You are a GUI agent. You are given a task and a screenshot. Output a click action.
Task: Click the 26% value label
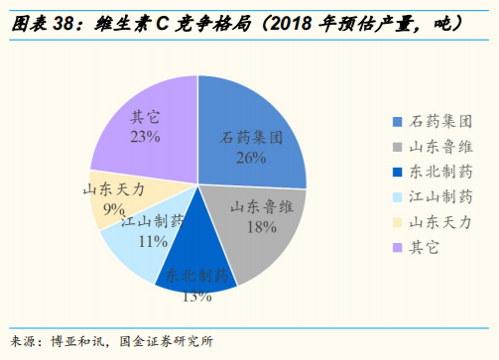coord(252,157)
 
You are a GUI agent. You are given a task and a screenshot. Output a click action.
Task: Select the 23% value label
coord(145,137)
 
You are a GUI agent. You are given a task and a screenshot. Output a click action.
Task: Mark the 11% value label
coord(152,240)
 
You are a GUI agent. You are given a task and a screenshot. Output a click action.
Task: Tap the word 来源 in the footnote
coord(25,342)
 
